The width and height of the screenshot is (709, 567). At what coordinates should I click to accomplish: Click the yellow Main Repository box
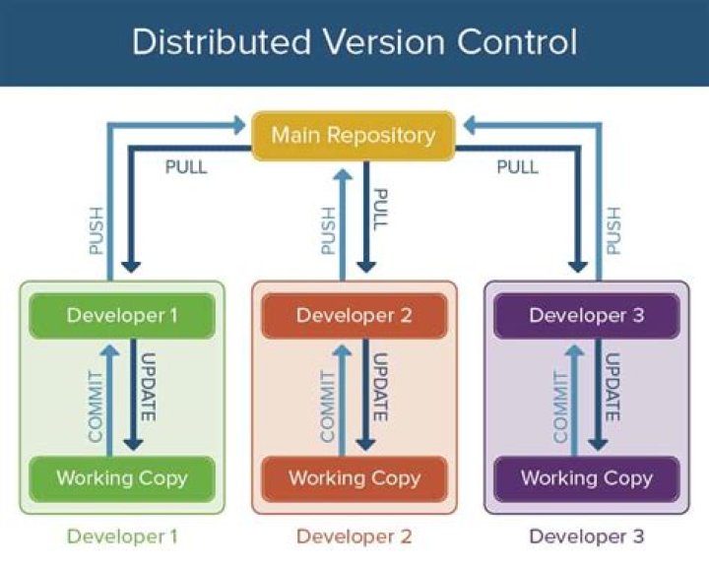(x=354, y=135)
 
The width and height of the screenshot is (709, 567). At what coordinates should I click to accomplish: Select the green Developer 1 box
(x=123, y=315)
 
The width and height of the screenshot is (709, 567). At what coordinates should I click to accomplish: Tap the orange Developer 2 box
(x=354, y=315)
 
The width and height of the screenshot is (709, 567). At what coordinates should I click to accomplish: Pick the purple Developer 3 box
(x=587, y=315)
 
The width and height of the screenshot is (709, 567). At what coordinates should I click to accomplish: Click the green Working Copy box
(x=122, y=478)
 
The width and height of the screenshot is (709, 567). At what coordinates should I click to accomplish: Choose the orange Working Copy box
(x=354, y=478)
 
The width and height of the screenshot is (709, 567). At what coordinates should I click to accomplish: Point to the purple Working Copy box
(x=587, y=478)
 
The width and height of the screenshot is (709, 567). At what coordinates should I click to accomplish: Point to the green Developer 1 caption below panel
(x=122, y=536)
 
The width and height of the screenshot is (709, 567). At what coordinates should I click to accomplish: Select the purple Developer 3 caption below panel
(x=587, y=536)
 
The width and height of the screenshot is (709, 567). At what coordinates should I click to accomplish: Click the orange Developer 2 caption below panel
(x=354, y=536)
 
